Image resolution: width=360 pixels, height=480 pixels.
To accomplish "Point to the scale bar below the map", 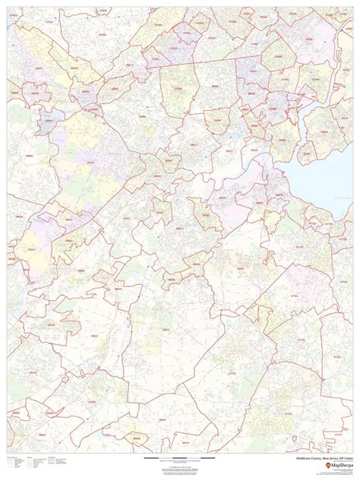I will click(179, 460).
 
